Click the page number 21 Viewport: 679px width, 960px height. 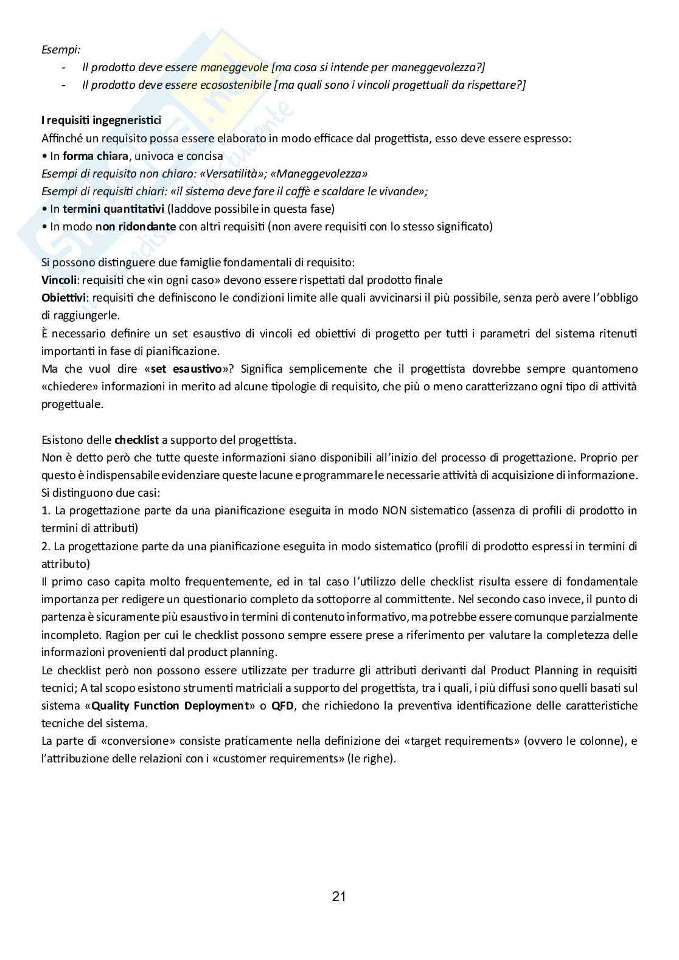click(x=339, y=896)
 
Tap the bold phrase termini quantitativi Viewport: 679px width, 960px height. click(x=113, y=209)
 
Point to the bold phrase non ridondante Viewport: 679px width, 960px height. click(x=135, y=227)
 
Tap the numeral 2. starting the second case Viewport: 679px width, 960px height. click(x=46, y=545)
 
